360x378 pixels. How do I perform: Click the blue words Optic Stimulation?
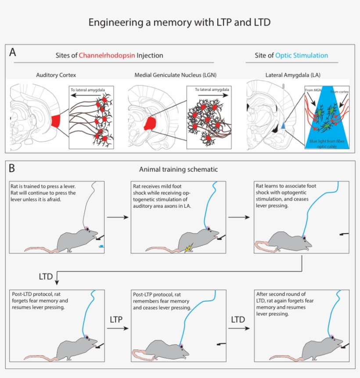tap(302, 55)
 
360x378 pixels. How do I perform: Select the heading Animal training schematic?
tap(178, 169)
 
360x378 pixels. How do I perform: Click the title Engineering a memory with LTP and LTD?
tap(180, 22)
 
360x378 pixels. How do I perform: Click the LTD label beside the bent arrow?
tap(46, 277)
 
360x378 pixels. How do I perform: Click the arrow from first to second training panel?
tap(116, 216)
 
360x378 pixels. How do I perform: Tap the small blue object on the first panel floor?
tap(101, 246)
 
